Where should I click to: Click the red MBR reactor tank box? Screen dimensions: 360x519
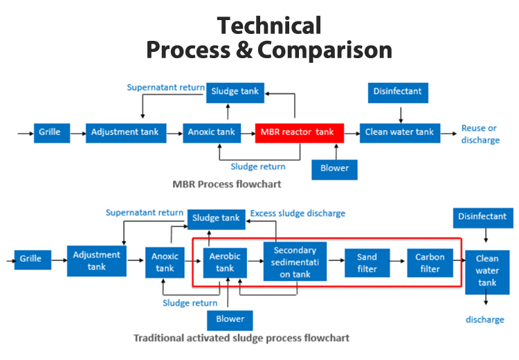click(295, 132)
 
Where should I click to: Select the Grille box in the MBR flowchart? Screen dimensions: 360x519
click(52, 132)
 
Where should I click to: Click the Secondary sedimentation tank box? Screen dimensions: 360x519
click(295, 262)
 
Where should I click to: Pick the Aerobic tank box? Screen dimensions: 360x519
click(225, 262)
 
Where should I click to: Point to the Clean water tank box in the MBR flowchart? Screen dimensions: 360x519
click(396, 132)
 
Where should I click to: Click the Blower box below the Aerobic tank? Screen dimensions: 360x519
click(230, 319)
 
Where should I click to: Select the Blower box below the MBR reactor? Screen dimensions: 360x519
click(335, 168)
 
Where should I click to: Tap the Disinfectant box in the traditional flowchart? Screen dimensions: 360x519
click(482, 217)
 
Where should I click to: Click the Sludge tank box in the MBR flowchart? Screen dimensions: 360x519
click(235, 91)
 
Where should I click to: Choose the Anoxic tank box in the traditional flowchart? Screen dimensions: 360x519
click(165, 262)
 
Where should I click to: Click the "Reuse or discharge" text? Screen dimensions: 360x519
click(479, 134)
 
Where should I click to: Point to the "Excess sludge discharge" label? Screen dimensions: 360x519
click(298, 213)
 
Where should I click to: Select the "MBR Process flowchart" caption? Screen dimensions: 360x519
click(227, 185)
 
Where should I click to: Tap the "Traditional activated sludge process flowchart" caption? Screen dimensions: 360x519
click(241, 338)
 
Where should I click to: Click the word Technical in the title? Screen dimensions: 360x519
click(268, 26)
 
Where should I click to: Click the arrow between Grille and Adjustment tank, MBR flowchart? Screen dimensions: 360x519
click(78, 132)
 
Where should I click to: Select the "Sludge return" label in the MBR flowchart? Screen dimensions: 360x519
click(257, 166)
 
